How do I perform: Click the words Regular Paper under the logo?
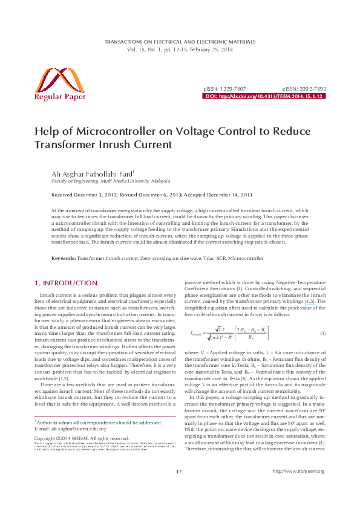[x=60, y=96]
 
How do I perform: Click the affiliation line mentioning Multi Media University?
[x=110, y=181]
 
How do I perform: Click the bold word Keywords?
[x=63, y=258]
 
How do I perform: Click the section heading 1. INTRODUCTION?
[x=62, y=282]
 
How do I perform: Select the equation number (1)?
[x=322, y=334]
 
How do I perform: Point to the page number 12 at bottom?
[x=179, y=489]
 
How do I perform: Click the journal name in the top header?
[x=180, y=42]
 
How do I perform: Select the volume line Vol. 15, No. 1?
[x=180, y=49]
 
